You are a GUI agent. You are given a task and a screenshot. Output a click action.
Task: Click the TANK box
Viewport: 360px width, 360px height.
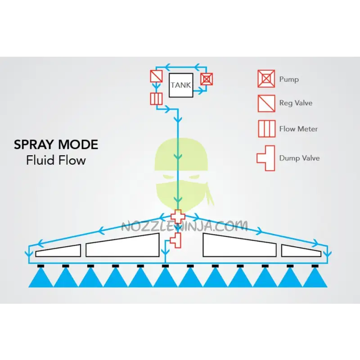coord(180,85)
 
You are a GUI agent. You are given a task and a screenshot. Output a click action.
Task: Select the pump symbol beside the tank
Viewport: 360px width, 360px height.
coord(206,80)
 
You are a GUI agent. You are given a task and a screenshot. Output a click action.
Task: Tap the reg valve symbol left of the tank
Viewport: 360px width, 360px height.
coord(156,76)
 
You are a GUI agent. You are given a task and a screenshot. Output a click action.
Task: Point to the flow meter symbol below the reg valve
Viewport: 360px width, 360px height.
coord(156,99)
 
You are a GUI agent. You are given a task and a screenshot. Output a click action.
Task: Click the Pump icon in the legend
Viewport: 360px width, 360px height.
coord(266,79)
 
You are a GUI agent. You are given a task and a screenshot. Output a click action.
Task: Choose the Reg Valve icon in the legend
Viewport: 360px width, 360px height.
coord(266,103)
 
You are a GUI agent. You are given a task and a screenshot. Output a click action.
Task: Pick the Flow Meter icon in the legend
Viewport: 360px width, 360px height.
coord(266,129)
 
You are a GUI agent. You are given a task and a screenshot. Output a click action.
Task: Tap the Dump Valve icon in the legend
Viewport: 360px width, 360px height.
coord(266,158)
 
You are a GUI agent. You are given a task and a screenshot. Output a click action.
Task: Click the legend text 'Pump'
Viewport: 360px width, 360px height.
coord(289,79)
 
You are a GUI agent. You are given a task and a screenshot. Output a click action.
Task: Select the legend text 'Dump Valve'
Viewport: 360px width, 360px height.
coord(299,158)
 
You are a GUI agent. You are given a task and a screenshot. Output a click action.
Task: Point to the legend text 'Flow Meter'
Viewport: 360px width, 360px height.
coord(298,129)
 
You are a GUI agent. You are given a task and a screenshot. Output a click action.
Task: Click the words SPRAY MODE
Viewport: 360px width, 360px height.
coord(56,145)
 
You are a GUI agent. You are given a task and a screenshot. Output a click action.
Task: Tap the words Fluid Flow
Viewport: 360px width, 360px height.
coord(56,160)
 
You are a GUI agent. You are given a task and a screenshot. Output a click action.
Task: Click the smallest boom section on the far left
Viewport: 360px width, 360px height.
coord(58,251)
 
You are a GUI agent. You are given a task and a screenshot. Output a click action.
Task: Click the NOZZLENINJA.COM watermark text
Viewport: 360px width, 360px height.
coord(184,225)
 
